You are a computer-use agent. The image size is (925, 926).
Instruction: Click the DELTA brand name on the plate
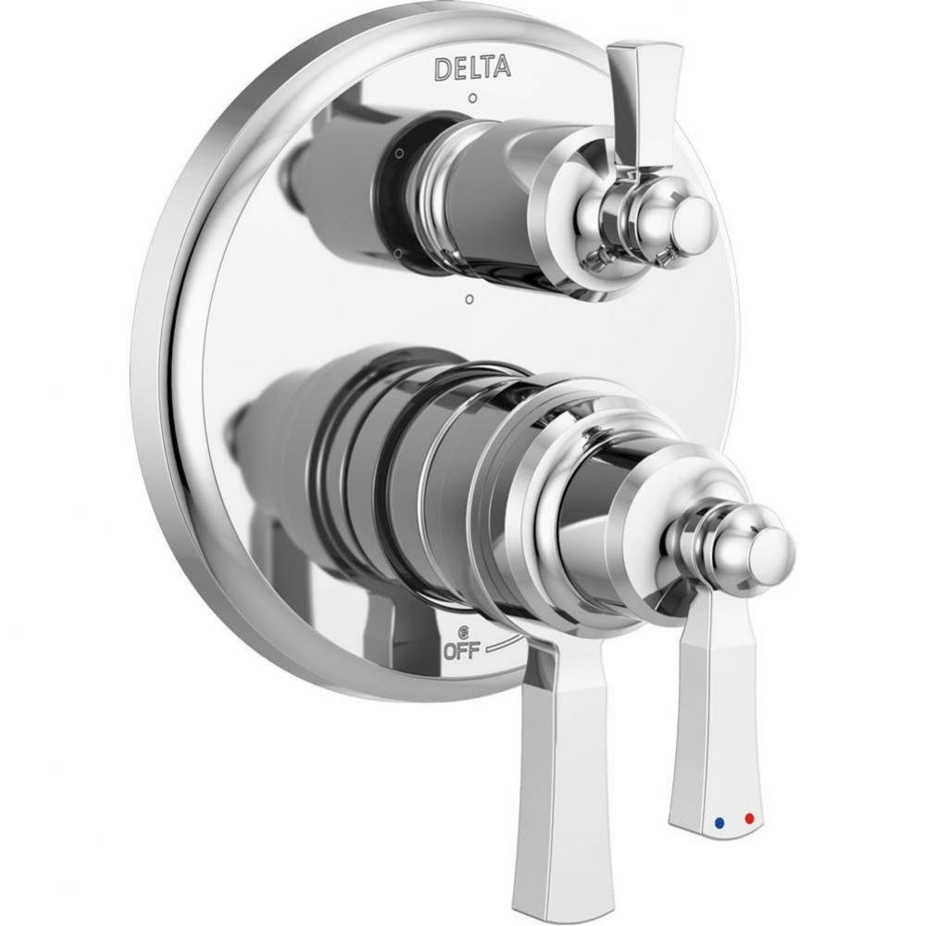coord(471,68)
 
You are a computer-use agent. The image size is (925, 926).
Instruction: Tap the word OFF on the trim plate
coord(460,650)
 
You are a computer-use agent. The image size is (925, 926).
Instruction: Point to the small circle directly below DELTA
coord(472,97)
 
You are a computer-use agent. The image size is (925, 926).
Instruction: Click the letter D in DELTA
coord(443,69)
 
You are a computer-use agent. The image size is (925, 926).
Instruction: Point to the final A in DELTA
coord(500,67)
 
